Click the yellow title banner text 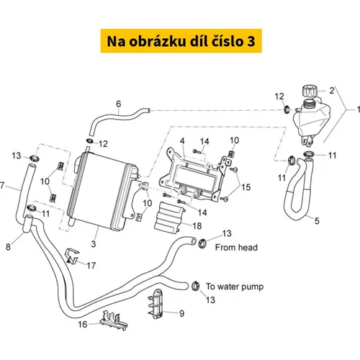(x=181, y=41)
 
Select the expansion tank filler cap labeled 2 (x=309, y=91)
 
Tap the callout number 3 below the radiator (x=94, y=244)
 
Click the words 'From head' (x=236, y=247)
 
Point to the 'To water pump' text (x=235, y=287)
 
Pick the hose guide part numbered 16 (x=114, y=320)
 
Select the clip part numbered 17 (x=72, y=256)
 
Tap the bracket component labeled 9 (x=156, y=303)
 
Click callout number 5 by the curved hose (x=317, y=221)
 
